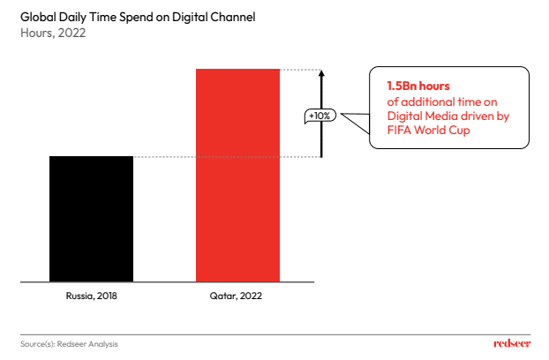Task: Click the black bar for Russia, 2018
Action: tap(91, 219)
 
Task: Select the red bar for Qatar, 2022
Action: tap(237, 175)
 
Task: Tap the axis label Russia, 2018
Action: tap(91, 296)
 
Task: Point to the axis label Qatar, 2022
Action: tap(237, 296)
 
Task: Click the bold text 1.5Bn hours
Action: tap(418, 86)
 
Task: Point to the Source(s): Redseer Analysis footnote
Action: tap(70, 343)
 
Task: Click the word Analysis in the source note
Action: tap(102, 343)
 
